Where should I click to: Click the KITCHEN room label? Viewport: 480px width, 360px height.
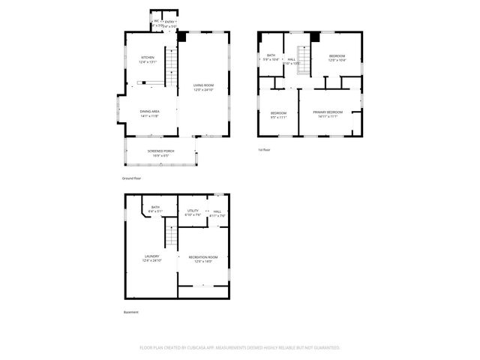[147, 58]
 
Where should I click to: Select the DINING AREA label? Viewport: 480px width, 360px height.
[149, 112]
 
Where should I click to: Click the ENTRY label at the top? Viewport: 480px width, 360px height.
[171, 22]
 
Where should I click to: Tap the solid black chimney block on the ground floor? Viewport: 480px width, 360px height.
[180, 36]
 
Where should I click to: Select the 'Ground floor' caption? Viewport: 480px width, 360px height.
[131, 178]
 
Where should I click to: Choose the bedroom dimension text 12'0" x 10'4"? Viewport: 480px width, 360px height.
[337, 61]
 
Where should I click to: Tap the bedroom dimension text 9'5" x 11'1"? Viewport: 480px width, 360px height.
[277, 117]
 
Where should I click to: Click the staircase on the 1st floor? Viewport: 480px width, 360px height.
[304, 57]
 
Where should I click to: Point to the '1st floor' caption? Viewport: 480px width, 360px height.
[264, 150]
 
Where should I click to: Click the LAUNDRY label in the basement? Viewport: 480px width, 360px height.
[151, 256]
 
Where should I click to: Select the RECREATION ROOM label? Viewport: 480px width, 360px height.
[202, 256]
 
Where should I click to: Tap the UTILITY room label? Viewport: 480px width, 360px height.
[193, 211]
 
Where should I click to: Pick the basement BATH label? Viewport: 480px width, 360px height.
[155, 208]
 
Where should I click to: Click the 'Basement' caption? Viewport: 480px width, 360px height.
[130, 312]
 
